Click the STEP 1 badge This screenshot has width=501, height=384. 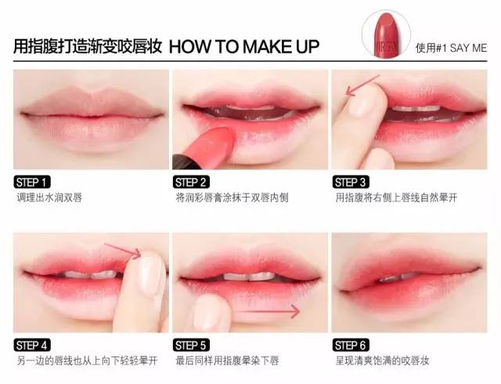click(32, 182)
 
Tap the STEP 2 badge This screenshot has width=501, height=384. click(191, 182)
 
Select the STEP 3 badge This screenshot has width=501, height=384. click(351, 182)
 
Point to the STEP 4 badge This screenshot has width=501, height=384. click(32, 346)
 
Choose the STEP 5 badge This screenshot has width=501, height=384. click(191, 346)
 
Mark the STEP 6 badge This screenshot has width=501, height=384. click(351, 346)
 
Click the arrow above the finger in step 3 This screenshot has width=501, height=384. click(362, 85)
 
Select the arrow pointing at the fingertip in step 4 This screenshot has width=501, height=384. click(123, 251)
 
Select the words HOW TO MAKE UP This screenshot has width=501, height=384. click(244, 47)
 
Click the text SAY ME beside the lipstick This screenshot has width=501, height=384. click(468, 48)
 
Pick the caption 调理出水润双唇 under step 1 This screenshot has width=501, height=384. click(49, 197)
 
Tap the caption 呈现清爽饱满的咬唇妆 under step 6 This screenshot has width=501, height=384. click(382, 360)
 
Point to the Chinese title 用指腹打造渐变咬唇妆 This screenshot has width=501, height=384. click(87, 47)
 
